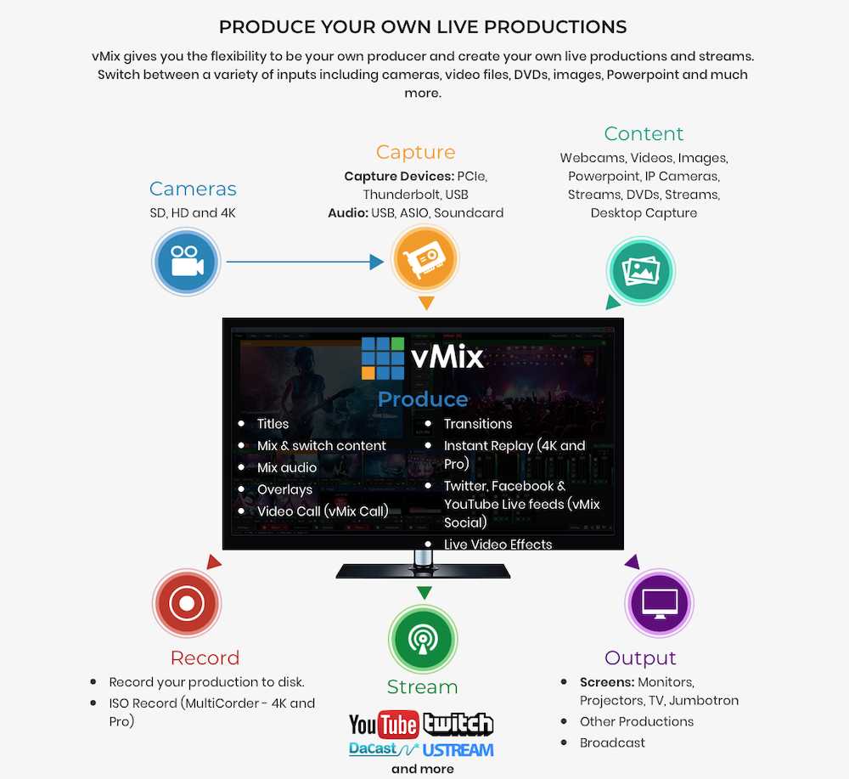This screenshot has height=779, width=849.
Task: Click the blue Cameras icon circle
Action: [x=186, y=262]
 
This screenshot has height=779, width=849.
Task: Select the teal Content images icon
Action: [x=640, y=271]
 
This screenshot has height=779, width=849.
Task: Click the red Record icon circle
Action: [x=186, y=603]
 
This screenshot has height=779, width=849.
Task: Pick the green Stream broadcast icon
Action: [x=423, y=640]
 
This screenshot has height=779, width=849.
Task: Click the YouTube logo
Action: [x=384, y=725]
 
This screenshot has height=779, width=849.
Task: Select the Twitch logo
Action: [x=459, y=724]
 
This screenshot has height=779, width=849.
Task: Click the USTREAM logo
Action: [x=458, y=750]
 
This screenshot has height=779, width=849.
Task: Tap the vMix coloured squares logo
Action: [x=382, y=358]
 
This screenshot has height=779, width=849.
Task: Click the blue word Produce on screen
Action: [x=423, y=399]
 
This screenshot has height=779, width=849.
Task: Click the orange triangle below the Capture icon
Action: [x=426, y=303]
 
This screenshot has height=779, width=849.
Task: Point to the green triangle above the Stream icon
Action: [x=424, y=593]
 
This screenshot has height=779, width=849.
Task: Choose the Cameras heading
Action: [x=193, y=189]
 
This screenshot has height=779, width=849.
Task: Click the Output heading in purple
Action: [x=640, y=658]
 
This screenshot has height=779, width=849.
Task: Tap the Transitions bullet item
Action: [x=478, y=424]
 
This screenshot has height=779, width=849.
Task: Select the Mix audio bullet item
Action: [x=287, y=468]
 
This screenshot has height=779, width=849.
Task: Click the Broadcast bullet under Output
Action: [x=612, y=742]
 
